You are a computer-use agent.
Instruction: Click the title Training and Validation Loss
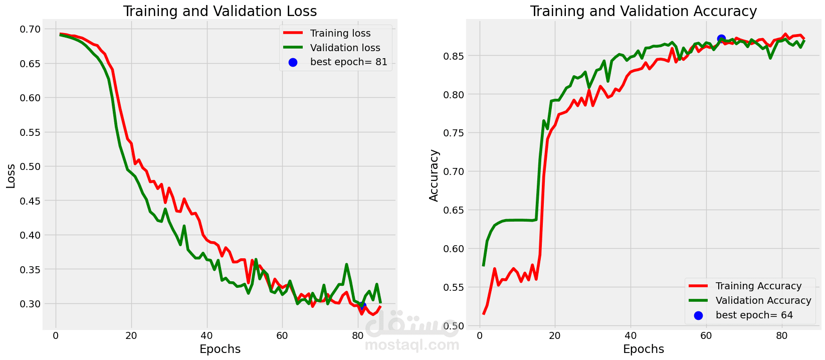220,11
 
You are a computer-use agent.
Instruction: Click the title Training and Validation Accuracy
644,11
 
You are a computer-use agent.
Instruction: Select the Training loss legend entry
340,33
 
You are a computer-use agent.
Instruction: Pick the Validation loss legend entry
345,48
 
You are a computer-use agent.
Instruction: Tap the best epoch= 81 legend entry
348,62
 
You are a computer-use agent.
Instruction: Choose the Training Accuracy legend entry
758,286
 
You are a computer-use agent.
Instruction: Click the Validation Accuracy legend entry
763,300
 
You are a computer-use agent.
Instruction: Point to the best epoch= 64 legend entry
754,315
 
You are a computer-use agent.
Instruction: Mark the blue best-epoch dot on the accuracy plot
721,39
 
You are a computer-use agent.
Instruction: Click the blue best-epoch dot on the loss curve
361,305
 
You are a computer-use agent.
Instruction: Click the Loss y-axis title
11,176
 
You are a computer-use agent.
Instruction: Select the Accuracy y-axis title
434,175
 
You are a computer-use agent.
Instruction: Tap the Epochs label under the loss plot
220,349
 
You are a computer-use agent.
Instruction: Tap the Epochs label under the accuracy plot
644,349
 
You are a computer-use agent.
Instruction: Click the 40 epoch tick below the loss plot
207,335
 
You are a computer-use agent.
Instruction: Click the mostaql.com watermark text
412,345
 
